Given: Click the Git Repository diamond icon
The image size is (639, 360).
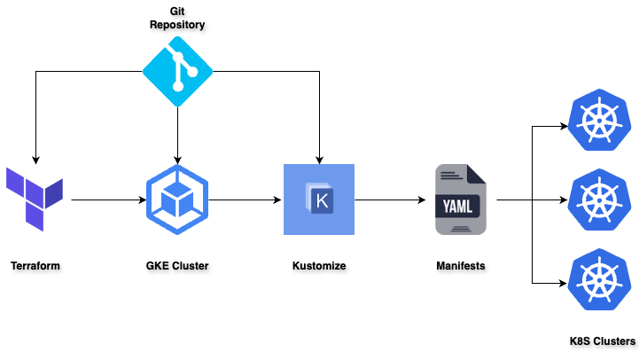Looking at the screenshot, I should (177, 73).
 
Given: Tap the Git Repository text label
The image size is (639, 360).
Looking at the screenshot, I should (177, 18).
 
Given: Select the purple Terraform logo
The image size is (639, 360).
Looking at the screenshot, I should (35, 199).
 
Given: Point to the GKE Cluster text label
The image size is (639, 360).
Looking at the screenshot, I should (177, 265).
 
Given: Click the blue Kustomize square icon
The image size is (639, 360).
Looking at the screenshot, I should (318, 200).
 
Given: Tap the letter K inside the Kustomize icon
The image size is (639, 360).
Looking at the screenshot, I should (322, 200).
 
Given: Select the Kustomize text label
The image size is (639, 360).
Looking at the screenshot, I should (318, 265).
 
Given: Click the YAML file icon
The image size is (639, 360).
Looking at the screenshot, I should (460, 200).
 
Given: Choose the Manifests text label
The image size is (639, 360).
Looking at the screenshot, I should (460, 265).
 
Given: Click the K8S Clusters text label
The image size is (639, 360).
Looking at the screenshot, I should (603, 341).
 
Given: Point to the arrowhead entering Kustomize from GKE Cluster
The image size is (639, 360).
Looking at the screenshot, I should (277, 200).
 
